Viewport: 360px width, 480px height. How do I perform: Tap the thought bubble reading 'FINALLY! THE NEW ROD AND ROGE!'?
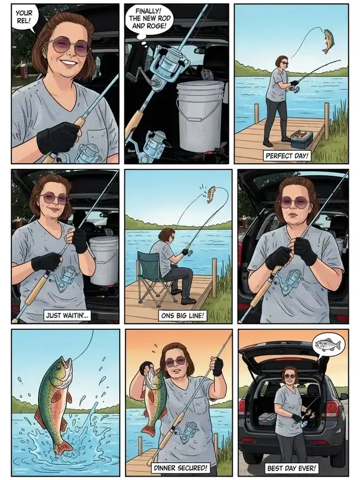(149, 20)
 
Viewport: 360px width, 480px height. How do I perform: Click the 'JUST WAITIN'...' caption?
(67, 316)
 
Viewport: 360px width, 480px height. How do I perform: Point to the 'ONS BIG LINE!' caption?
(182, 316)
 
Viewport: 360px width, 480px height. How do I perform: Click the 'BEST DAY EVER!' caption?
(292, 468)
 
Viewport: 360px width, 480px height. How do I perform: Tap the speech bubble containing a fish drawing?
(328, 345)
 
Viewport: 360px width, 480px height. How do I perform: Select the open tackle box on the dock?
(302, 140)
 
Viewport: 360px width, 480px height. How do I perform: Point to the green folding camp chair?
(153, 277)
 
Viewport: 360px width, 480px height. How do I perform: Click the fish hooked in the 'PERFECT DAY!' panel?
(327, 41)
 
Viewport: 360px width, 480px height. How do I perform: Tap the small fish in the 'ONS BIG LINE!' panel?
(210, 194)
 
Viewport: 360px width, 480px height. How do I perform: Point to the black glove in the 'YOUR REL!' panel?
(57, 137)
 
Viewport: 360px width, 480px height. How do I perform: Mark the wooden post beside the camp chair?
(214, 277)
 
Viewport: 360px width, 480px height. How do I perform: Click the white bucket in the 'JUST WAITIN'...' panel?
(104, 259)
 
